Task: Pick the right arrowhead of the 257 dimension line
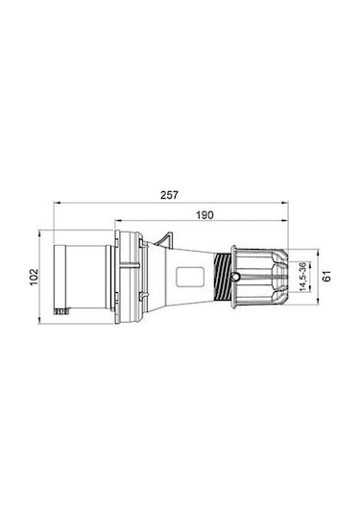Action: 285,203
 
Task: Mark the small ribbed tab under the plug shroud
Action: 65,312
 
